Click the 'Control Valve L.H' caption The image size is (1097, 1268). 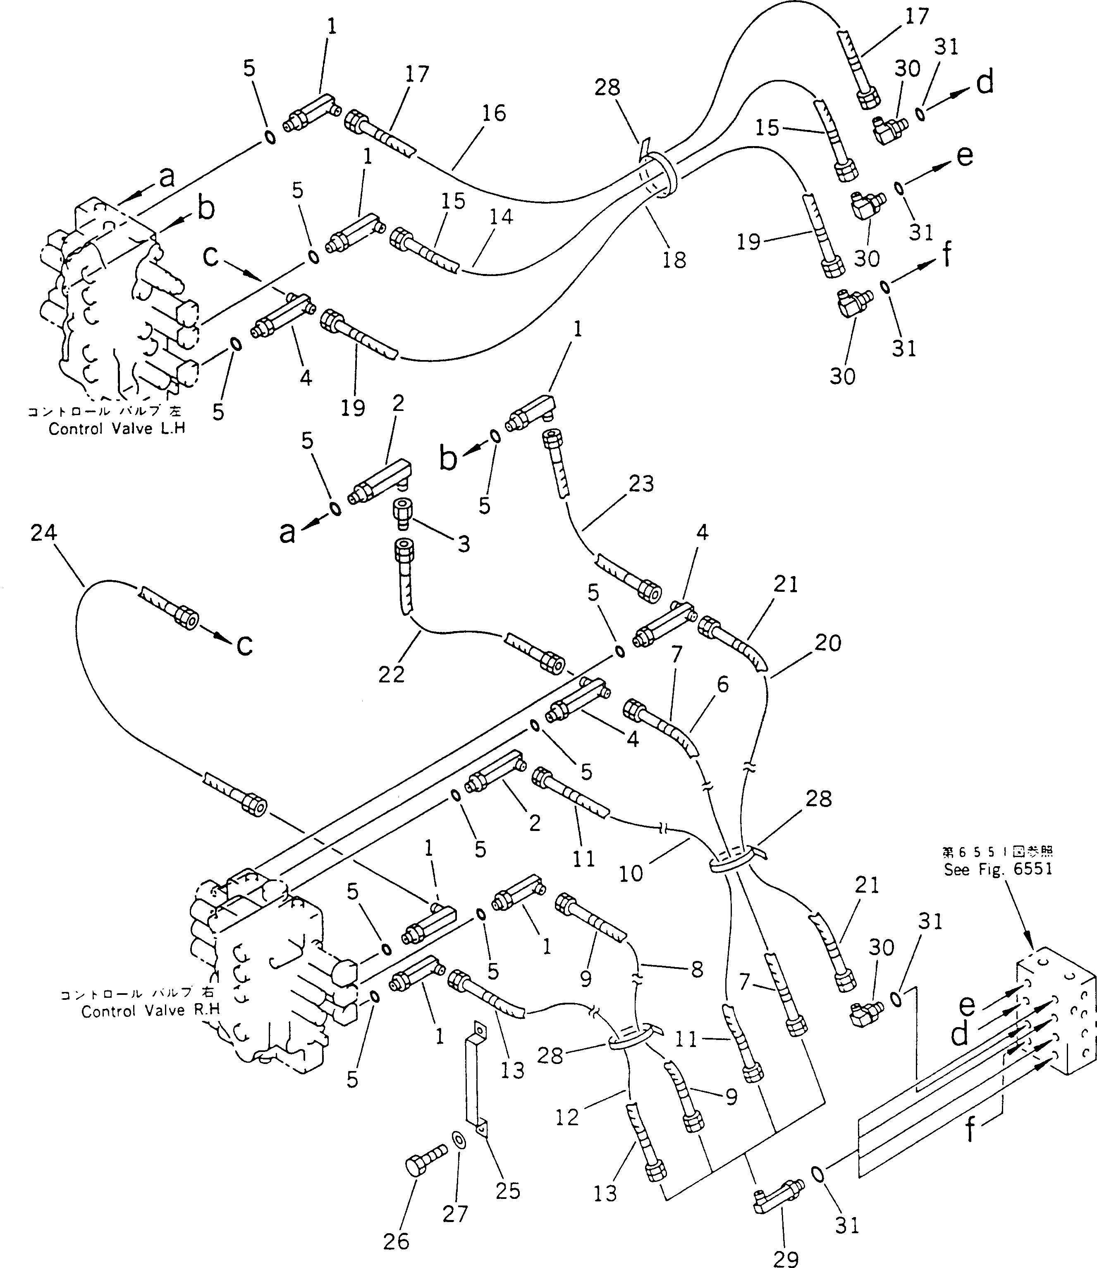116,429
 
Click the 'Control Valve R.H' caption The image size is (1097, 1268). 150,1011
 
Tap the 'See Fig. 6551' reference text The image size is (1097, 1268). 997,869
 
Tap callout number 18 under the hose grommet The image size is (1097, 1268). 674,260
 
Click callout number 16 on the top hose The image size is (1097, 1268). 493,113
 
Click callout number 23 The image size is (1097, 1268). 641,484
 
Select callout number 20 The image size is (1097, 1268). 828,643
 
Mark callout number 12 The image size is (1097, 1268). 567,1117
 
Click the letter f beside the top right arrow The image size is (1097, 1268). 946,254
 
